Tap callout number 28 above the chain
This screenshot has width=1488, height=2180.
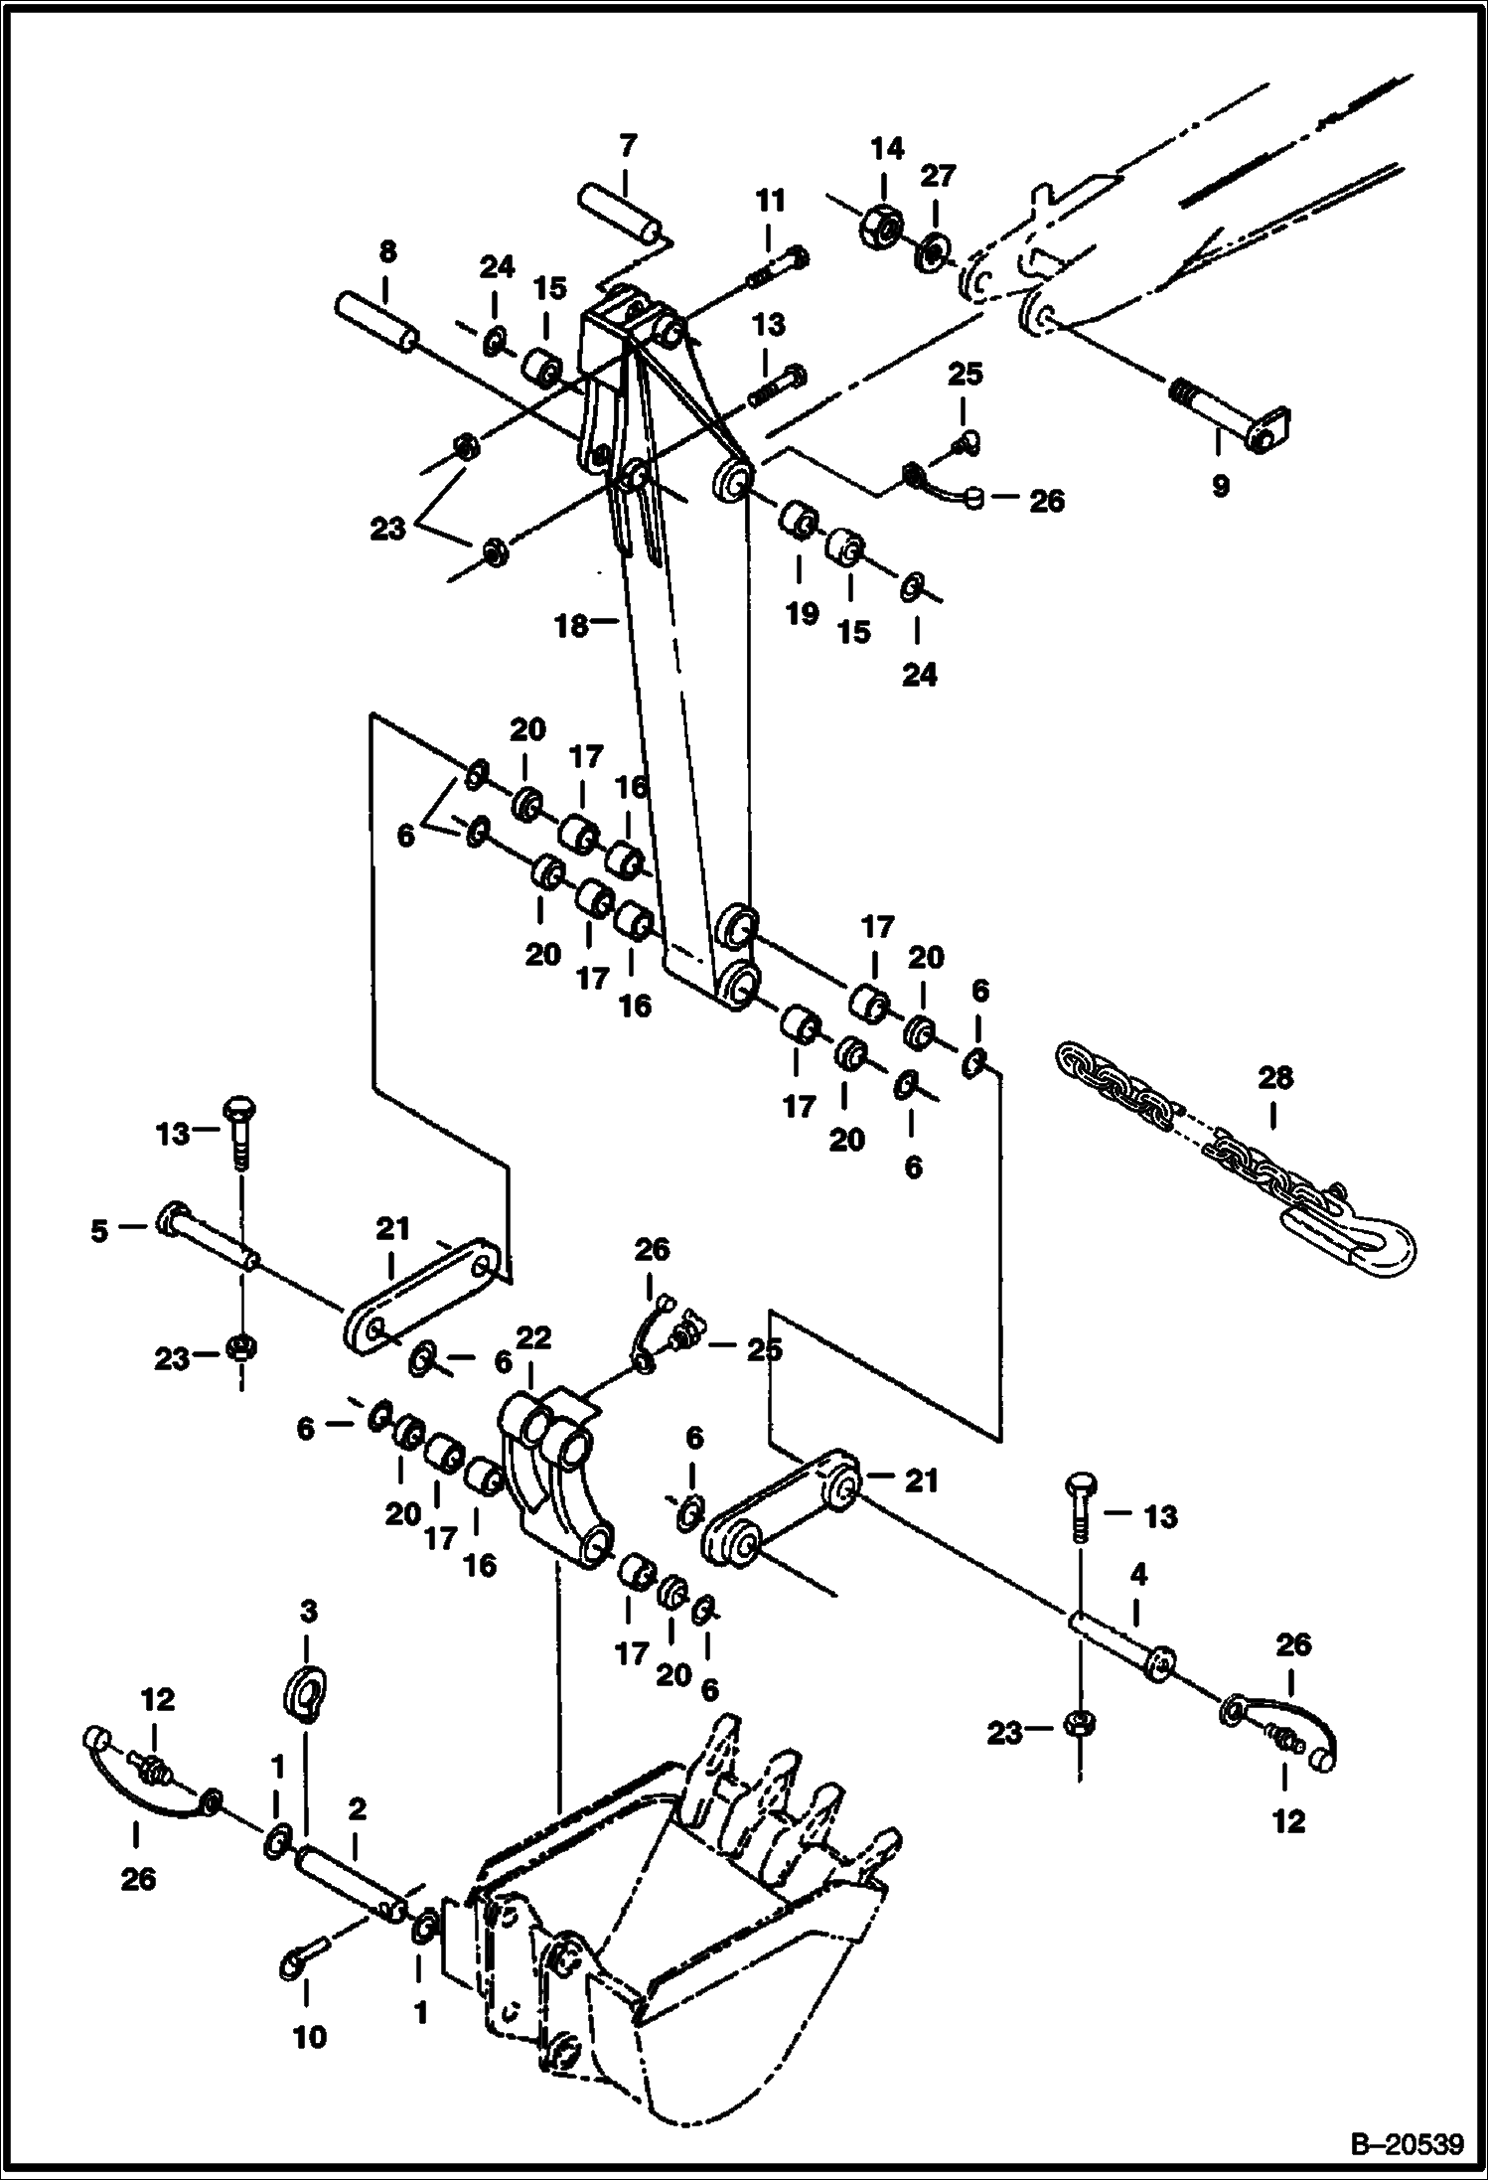1275,1078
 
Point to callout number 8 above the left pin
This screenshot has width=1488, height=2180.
385,253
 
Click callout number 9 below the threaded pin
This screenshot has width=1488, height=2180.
1219,486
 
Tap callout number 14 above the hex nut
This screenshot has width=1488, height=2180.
887,149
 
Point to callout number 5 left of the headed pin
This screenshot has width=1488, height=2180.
98,1230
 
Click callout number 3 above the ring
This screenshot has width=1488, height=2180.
308,1611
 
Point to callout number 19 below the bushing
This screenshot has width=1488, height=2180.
803,614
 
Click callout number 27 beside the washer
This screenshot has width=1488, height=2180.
937,175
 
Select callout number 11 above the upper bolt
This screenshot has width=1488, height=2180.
770,201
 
